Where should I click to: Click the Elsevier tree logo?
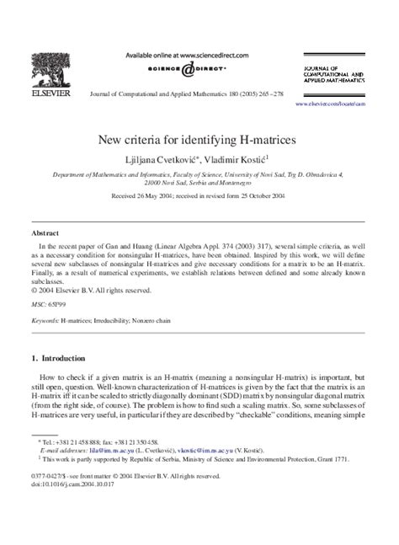point(47,70)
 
